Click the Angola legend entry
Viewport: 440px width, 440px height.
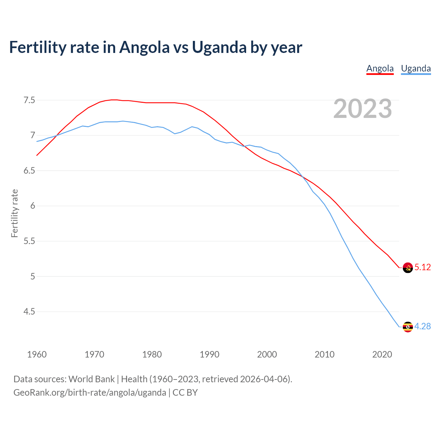[380, 68]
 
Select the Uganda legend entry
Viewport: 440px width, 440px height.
[416, 68]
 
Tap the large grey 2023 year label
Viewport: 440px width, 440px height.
[363, 109]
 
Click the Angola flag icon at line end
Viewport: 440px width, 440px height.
[408, 267]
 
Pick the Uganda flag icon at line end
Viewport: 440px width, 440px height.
[408, 327]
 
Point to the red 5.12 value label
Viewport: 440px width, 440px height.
[422, 267]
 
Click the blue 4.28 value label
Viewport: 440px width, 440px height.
[422, 327]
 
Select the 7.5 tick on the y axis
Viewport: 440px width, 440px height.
[29, 100]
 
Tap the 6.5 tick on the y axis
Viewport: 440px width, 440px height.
[29, 171]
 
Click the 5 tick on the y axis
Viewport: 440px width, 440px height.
[33, 276]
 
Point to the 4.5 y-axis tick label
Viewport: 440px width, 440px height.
[29, 312]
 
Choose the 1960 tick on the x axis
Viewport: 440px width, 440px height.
[37, 354]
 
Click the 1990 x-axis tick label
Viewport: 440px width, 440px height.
[209, 354]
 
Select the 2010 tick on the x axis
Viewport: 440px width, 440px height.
[324, 354]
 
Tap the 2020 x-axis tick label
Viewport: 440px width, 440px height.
[382, 354]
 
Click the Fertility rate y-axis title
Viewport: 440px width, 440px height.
[14, 213]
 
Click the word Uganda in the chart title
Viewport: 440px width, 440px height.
[219, 47]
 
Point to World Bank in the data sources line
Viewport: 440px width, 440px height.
[91, 379]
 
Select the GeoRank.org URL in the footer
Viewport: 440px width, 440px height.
[90, 393]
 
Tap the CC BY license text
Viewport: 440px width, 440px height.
[185, 393]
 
